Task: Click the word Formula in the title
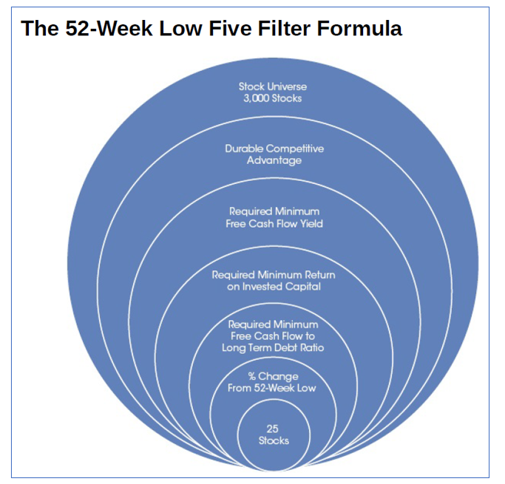click(x=359, y=28)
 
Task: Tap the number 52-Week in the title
click(x=109, y=28)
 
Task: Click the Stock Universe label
click(x=273, y=86)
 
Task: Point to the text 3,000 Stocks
click(x=273, y=98)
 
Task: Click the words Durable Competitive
click(x=274, y=149)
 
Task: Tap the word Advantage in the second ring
click(x=274, y=160)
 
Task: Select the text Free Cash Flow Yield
click(x=274, y=224)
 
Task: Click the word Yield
click(x=311, y=224)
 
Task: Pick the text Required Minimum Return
click(x=274, y=275)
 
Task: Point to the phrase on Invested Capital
click(x=274, y=287)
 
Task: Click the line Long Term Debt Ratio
click(x=273, y=348)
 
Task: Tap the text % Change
click(x=273, y=377)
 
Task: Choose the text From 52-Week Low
click(x=272, y=388)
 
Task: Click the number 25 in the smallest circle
click(x=273, y=429)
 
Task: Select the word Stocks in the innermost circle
click(x=274, y=440)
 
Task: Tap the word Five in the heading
click(x=230, y=28)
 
